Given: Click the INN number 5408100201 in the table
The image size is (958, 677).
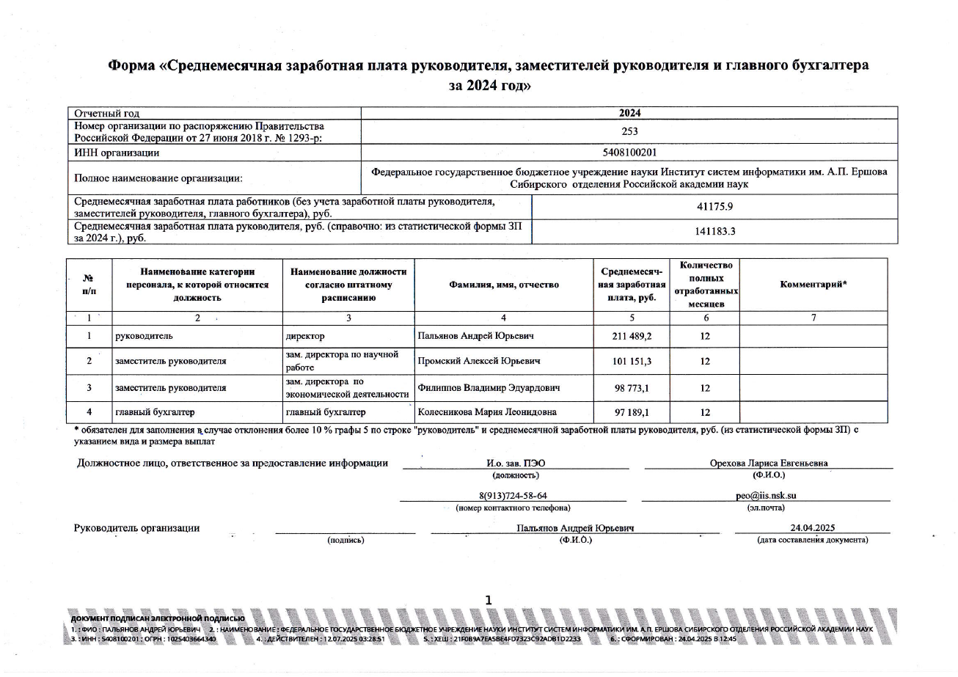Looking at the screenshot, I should pyautogui.click(x=629, y=153).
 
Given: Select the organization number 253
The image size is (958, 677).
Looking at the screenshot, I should pyautogui.click(x=629, y=132).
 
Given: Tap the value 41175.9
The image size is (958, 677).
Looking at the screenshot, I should pyautogui.click(x=714, y=207).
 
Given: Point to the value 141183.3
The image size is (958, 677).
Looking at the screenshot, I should pyautogui.click(x=714, y=232).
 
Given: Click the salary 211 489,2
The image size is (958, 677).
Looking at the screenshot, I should pyautogui.click(x=631, y=337).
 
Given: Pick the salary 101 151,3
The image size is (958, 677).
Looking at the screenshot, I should pyautogui.click(x=631, y=362).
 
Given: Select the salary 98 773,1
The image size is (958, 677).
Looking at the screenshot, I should pyautogui.click(x=631, y=387).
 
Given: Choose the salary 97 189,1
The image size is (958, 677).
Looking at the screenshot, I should pyautogui.click(x=631, y=413).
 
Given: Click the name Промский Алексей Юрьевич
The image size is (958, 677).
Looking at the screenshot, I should pyautogui.click(x=476, y=362).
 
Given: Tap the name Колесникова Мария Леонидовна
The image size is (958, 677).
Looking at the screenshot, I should pyautogui.click(x=485, y=413).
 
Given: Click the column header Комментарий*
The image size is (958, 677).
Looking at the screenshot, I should pyautogui.click(x=813, y=285).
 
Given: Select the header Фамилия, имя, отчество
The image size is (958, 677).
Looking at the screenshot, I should pyautogui.click(x=504, y=285).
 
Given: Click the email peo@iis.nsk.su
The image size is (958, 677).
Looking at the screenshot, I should pyautogui.click(x=766, y=495).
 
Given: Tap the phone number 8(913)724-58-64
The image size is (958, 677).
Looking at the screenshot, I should pyautogui.click(x=512, y=495).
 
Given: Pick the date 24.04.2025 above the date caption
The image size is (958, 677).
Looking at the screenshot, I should pyautogui.click(x=812, y=528).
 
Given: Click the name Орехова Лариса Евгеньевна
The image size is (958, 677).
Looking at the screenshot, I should pyautogui.click(x=769, y=463).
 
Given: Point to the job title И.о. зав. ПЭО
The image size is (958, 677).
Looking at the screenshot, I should pyautogui.click(x=516, y=463).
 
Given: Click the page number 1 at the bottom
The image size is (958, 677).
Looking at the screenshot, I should pyautogui.click(x=489, y=601).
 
